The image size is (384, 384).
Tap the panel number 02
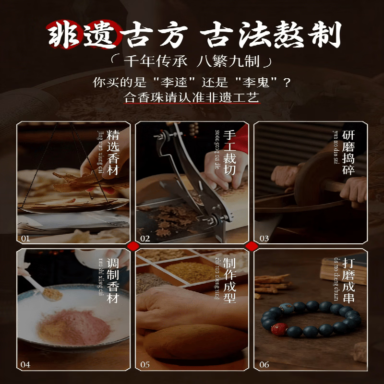coord(145,239)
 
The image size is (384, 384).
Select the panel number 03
coord(264,239)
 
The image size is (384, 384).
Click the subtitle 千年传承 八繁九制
coord(192,61)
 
